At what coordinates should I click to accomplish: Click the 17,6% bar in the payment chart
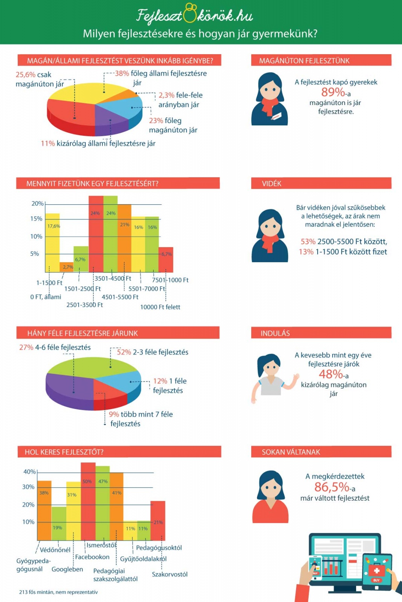pyautogui.click(x=52, y=243)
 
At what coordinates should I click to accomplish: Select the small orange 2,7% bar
pyautogui.click(x=67, y=267)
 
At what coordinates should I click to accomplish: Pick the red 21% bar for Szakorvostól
pyautogui.click(x=158, y=521)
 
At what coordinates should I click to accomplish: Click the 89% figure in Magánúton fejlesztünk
pyautogui.click(x=333, y=92)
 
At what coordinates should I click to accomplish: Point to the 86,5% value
pyautogui.click(x=332, y=487)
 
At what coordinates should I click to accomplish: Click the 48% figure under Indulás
pyautogui.click(x=331, y=374)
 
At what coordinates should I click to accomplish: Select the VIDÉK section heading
pyautogui.click(x=272, y=184)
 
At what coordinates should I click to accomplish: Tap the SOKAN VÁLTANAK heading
pyautogui.click(x=291, y=452)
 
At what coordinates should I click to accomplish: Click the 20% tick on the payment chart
pyautogui.click(x=37, y=204)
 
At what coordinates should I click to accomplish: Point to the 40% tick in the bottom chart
pyautogui.click(x=29, y=472)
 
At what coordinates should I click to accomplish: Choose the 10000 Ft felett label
pyautogui.click(x=160, y=307)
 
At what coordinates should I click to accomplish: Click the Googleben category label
pyautogui.click(x=67, y=569)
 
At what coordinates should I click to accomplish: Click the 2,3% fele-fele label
pyautogui.click(x=180, y=96)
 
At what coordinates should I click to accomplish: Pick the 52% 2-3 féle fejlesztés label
pyautogui.click(x=152, y=352)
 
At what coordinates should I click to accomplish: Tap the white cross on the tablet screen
pyautogui.click(x=376, y=571)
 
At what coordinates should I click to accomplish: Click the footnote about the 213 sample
pyautogui.click(x=58, y=592)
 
